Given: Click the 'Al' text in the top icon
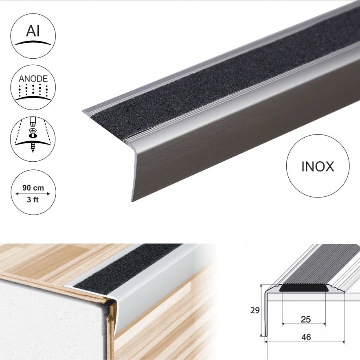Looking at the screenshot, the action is [33, 31].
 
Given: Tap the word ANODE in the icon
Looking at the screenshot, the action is [33, 79].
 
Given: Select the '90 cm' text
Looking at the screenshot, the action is [33, 188].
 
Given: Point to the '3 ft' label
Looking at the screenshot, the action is [33, 200].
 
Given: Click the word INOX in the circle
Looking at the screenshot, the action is [318, 167].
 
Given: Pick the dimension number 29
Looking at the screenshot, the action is [255, 310].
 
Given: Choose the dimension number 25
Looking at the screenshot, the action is [305, 319].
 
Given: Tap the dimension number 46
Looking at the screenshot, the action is [306, 337].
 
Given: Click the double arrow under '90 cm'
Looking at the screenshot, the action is [33, 194].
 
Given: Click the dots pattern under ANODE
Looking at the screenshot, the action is [33, 90].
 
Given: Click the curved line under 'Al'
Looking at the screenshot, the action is [33, 42].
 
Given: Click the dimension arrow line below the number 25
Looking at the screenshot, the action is [304, 324].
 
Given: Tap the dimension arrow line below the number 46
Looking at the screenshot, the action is [305, 342].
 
